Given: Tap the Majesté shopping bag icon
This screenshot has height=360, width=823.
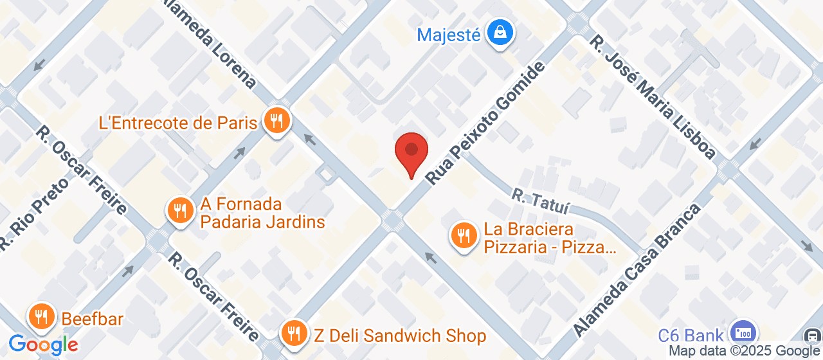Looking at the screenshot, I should (x=499, y=32).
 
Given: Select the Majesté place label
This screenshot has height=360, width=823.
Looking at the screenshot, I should (x=449, y=34).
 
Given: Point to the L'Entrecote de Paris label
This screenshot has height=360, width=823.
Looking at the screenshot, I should (x=178, y=123).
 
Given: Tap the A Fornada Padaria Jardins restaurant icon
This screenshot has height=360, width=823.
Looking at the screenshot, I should (x=181, y=210).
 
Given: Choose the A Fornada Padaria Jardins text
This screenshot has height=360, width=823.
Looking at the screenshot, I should (x=262, y=213).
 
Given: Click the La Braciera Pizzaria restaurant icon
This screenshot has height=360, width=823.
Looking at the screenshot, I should (x=463, y=235).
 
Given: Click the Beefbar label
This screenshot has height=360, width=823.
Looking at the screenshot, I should (x=93, y=319).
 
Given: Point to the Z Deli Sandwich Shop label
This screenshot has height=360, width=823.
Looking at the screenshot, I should (x=399, y=336).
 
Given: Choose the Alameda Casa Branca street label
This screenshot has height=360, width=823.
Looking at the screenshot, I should (x=636, y=269).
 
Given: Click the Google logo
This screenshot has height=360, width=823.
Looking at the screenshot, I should (x=43, y=345).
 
